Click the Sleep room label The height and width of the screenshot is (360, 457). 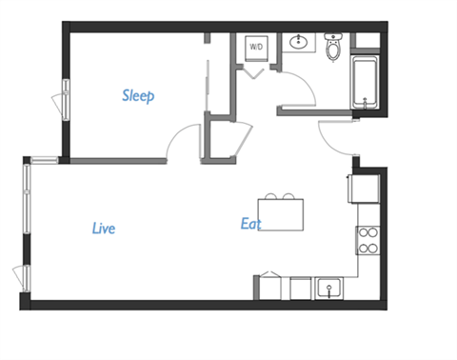[x=138, y=95]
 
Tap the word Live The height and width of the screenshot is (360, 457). [x=104, y=228]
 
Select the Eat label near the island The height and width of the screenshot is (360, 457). [x=250, y=224]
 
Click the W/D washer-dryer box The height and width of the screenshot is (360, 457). [x=256, y=46]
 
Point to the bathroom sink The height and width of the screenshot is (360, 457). [x=300, y=42]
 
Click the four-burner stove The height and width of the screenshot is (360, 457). [x=368, y=241]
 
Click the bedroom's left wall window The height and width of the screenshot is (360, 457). [x=66, y=100]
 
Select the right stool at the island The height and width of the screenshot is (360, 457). [x=290, y=197]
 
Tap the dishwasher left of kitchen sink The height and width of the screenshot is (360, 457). [x=301, y=288]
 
